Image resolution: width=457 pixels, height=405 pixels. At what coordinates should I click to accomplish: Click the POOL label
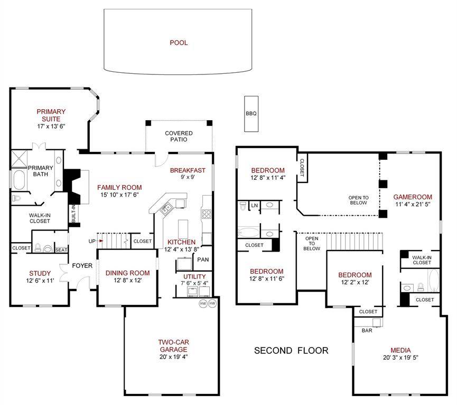point(179,43)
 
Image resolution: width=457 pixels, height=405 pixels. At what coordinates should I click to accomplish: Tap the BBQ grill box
point(251,114)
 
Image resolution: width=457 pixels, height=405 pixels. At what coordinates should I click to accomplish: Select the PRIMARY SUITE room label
point(51,115)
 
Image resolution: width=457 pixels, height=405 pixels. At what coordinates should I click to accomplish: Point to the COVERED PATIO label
point(179,137)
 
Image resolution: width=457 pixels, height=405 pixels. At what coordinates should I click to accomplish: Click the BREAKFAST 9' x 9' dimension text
point(187,177)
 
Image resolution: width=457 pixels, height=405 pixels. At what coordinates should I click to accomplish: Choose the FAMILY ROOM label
point(119,187)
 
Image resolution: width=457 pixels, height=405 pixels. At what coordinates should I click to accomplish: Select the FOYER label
point(82,265)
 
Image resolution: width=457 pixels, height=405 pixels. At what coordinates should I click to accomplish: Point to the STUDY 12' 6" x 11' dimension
point(40,280)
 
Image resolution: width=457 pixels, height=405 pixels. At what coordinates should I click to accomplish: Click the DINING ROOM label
point(127,273)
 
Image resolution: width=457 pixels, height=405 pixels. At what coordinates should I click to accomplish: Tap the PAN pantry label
point(203,259)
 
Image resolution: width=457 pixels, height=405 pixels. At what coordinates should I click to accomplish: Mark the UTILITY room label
point(194,276)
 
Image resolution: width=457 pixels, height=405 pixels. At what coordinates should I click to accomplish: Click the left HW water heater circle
point(203,304)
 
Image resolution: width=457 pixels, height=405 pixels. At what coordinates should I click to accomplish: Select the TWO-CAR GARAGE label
point(173,345)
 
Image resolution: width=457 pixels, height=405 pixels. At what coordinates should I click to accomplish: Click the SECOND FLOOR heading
point(291,350)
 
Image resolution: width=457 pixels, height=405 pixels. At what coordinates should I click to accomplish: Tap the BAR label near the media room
point(367,331)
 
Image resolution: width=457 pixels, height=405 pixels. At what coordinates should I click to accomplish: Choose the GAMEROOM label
point(413,197)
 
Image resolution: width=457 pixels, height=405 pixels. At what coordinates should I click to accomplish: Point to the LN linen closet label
point(255,205)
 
